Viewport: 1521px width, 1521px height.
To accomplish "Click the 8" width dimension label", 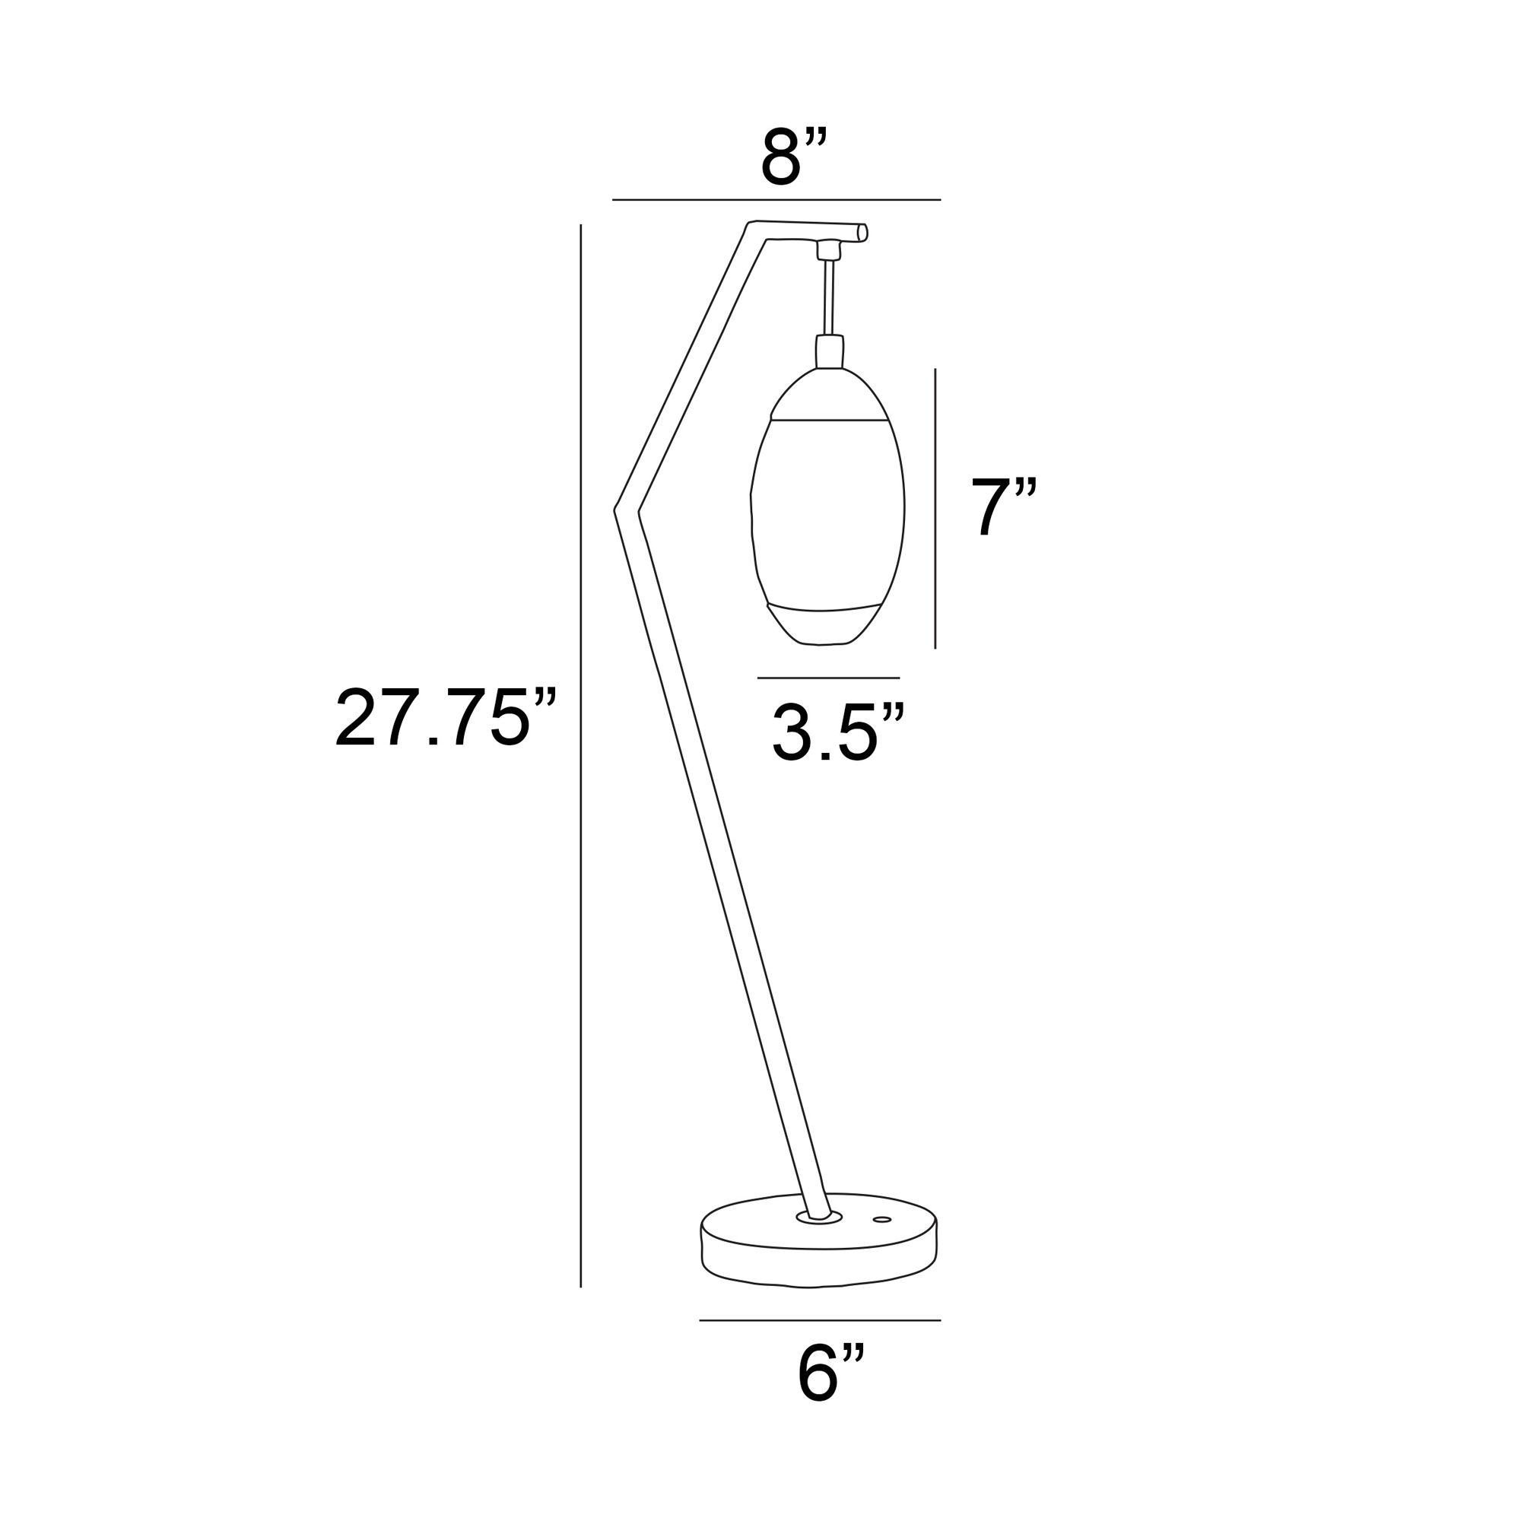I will [792, 159].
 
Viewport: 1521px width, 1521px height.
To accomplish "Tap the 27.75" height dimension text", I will [446, 717].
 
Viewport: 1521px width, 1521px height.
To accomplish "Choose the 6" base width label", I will [830, 1374].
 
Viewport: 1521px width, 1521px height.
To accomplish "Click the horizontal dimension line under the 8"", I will [776, 200].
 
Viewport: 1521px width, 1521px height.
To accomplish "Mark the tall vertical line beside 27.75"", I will [581, 756].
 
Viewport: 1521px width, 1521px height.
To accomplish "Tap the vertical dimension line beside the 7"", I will [935, 509].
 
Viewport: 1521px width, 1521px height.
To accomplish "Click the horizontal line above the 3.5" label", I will [828, 678].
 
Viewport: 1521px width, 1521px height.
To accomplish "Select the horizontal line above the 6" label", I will [820, 1320].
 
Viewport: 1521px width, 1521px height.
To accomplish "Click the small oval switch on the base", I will [882, 1242].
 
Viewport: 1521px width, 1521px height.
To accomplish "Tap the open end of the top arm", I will [863, 232].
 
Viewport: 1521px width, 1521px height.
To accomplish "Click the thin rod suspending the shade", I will [828, 297].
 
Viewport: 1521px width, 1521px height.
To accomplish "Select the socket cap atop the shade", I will [829, 351].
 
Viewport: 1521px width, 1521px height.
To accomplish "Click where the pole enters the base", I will [820, 1239].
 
